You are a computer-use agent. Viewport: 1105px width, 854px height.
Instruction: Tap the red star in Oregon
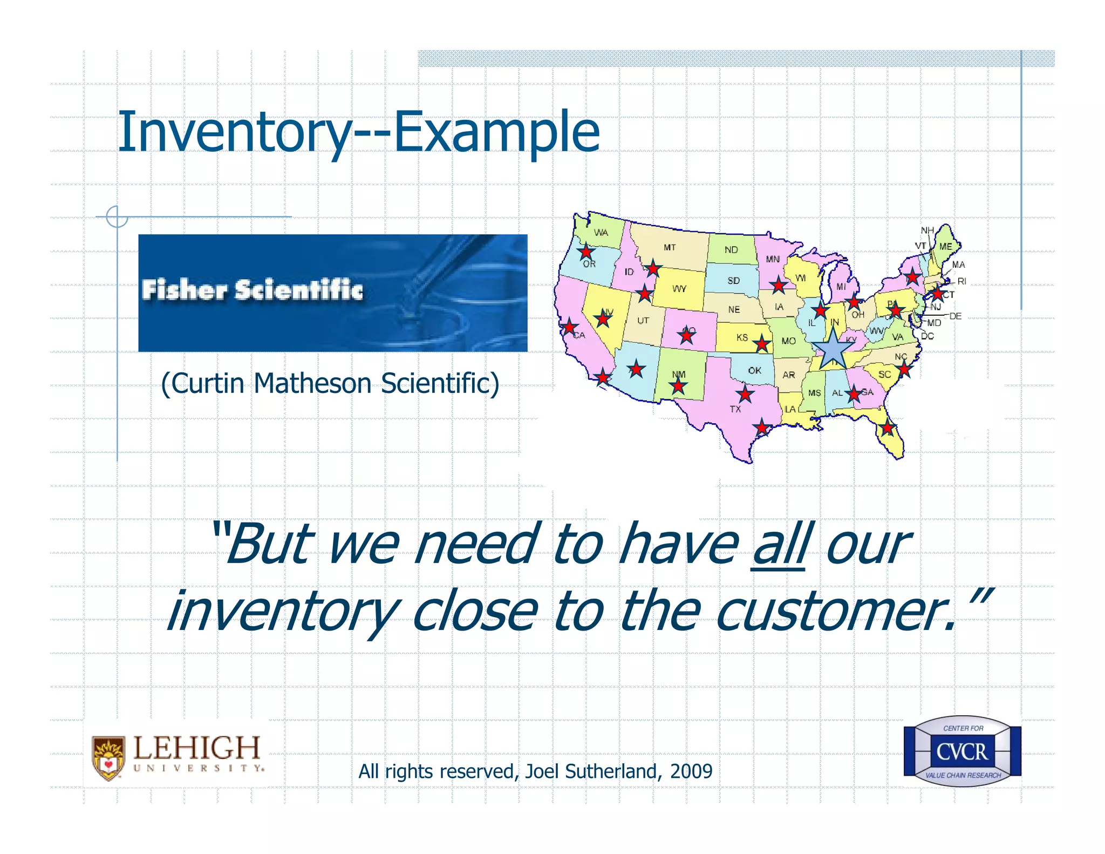586,252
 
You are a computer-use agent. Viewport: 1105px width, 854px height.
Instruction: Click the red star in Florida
888,429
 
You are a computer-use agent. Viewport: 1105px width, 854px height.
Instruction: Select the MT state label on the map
670,248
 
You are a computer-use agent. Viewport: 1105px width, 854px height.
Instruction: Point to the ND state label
731,250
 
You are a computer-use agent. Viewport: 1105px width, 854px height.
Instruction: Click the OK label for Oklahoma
754,370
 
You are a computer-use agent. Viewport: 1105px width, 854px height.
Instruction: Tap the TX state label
735,409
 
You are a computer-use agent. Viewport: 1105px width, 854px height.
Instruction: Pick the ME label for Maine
946,247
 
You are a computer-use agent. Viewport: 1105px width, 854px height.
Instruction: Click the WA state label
601,233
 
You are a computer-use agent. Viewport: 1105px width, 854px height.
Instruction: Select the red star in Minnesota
778,285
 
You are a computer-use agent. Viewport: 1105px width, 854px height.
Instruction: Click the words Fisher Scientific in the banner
252,290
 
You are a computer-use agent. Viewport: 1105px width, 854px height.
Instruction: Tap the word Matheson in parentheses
312,384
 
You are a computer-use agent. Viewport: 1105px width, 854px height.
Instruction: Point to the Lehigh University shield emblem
108,758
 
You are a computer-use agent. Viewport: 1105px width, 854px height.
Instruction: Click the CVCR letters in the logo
962,751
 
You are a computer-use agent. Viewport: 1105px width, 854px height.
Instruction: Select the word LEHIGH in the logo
196,748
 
